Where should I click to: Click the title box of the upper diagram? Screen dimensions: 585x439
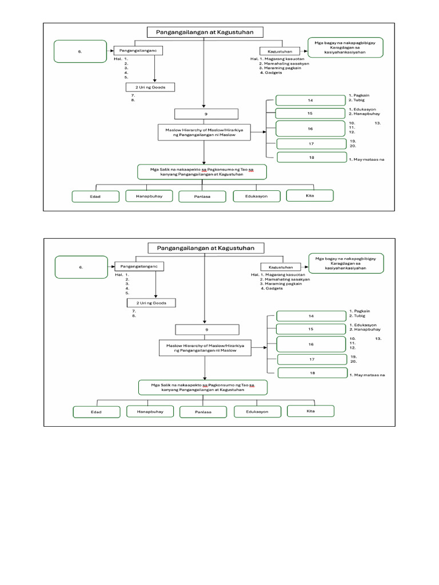tap(205, 33)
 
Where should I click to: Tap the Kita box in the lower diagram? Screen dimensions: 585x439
tap(310, 411)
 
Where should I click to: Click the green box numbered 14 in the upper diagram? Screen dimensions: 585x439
tap(311, 101)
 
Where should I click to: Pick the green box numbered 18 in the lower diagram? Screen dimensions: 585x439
tap(312, 373)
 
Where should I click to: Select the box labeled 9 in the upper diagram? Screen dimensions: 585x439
tap(204, 114)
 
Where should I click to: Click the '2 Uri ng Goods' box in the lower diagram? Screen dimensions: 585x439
tap(151, 303)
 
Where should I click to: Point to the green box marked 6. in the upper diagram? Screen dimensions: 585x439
tap(81, 51)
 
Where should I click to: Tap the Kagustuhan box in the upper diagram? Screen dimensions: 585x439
tap(280, 51)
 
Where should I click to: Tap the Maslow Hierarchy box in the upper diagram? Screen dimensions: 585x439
tap(204, 133)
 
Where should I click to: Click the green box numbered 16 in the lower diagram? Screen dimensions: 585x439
tap(312, 344)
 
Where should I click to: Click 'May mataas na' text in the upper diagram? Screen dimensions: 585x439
tap(366, 159)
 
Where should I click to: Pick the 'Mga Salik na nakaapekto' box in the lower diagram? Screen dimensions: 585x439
tap(202, 388)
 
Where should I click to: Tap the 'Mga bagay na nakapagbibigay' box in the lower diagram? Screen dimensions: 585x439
tap(346, 262)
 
